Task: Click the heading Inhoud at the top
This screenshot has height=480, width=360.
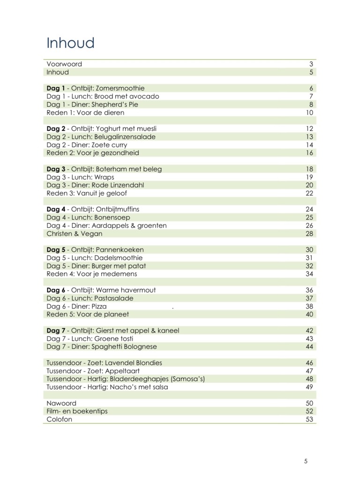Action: coord(70,43)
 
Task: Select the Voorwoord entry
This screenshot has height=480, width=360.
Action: coord(64,64)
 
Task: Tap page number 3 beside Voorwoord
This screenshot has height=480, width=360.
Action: coord(311,64)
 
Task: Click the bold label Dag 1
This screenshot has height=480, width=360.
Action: coord(56,88)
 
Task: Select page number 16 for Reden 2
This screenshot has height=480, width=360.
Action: coord(309,153)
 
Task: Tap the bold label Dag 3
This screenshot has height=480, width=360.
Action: coord(56,169)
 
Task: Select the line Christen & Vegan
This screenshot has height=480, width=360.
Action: coord(75,233)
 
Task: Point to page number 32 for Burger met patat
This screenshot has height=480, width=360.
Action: coord(309,266)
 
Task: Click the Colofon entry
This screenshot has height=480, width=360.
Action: coord(60,419)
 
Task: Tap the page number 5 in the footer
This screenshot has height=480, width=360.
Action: coord(306,461)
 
